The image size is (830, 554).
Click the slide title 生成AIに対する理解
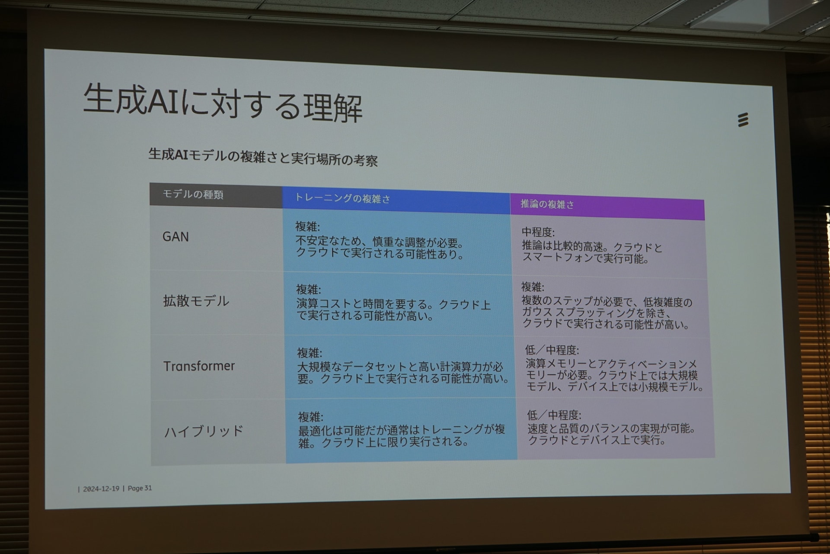point(223,103)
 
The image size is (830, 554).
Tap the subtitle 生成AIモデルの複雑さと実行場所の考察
point(263,157)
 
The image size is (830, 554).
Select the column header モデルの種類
point(193,194)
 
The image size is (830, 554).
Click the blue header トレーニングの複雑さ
point(342,198)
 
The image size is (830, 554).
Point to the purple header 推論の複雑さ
point(547,204)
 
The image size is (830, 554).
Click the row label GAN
point(176,237)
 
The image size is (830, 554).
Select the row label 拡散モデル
point(196,301)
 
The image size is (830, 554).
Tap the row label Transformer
point(199,366)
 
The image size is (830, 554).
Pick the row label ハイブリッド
point(204,431)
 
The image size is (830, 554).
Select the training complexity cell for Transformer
point(400,367)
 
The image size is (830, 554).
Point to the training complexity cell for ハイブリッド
point(401,430)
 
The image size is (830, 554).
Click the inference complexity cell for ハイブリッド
point(616,428)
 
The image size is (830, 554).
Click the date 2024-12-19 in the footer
point(101,489)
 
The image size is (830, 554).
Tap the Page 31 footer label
point(140,488)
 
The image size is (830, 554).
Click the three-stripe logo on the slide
point(743,120)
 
